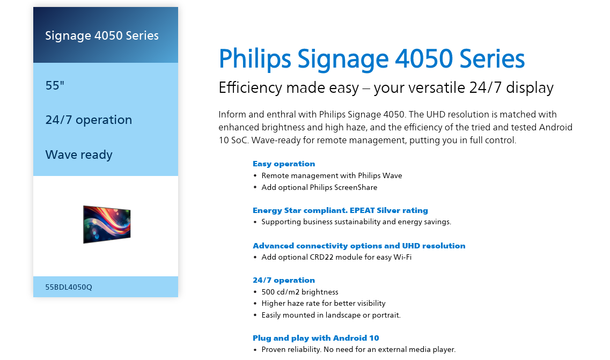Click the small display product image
107,224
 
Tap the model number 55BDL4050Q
69,287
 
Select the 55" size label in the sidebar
55,85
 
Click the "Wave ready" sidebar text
79,155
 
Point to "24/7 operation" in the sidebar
89,120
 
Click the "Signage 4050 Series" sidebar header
102,35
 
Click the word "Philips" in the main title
255,59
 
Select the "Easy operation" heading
284,164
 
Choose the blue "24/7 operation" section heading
284,280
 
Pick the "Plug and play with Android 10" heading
315,338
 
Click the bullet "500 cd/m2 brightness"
300,292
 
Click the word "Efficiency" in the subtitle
250,88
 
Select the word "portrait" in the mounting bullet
386,315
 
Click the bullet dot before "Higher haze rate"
255,304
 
